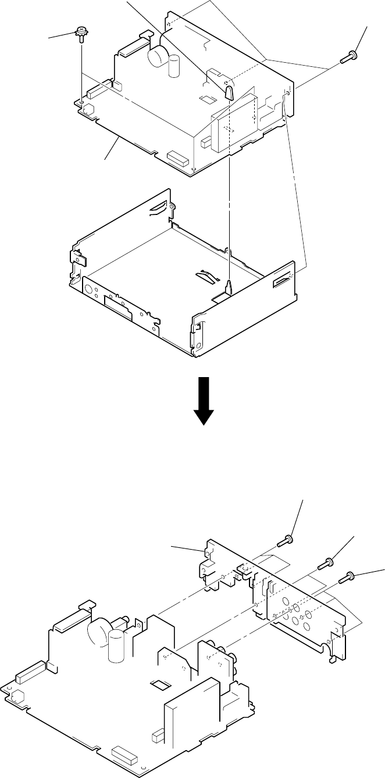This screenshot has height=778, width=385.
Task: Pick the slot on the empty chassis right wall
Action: (283, 282)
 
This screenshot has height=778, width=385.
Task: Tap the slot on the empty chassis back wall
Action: (158, 207)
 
